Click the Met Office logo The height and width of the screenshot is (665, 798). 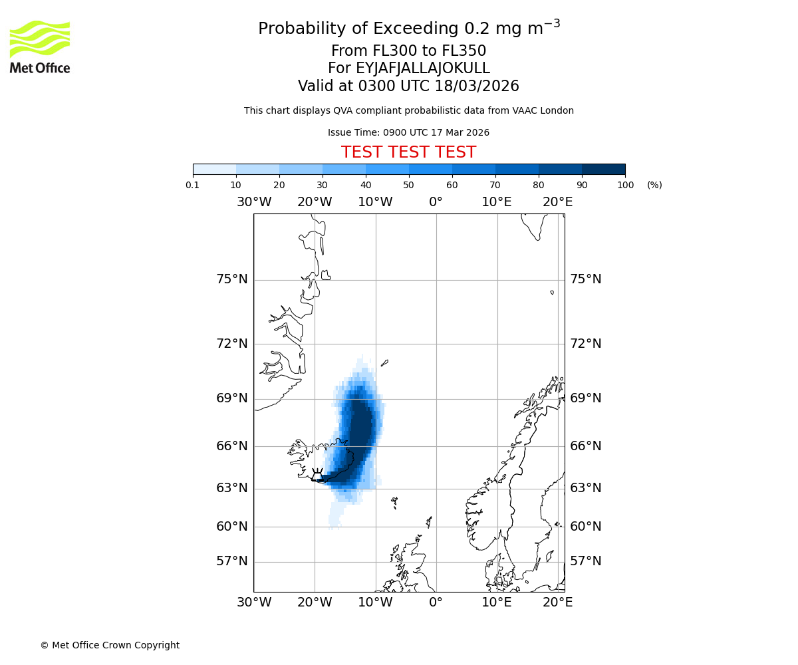point(40,47)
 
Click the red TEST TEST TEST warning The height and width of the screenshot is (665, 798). point(408,152)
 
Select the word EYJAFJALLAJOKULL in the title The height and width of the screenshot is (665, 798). point(423,68)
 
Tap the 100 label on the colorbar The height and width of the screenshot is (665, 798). point(625,186)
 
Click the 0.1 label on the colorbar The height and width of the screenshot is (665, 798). point(193,186)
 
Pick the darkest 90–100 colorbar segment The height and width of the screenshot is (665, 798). point(603,169)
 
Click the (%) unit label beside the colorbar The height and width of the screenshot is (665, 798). point(654,186)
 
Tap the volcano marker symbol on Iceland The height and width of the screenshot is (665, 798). point(317,475)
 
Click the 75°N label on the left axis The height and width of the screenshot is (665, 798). point(232,279)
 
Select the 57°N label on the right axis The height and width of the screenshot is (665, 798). point(585,561)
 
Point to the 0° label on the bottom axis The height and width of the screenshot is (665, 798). point(436,602)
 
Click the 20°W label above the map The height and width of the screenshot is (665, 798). point(315,202)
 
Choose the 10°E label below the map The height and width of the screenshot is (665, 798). point(497,602)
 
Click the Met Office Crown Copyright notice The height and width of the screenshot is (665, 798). point(110,645)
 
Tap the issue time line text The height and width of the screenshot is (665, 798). point(408,133)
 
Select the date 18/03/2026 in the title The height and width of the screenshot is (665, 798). point(477,86)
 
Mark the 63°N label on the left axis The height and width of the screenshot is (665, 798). point(232,488)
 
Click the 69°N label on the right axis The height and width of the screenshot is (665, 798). point(585,398)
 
